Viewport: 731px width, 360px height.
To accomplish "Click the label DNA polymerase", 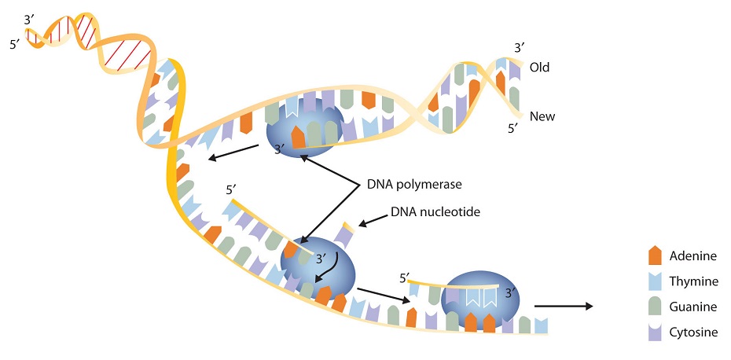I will pos(413,186).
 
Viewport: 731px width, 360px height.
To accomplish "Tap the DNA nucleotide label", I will pos(435,212).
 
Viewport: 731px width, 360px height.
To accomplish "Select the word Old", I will pos(539,67).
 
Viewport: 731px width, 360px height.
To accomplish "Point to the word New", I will pos(542,116).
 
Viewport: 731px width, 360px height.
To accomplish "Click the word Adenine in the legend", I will pos(693,256).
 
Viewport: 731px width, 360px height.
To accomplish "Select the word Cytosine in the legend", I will pos(694,332).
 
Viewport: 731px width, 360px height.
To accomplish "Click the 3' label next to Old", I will pos(520,49).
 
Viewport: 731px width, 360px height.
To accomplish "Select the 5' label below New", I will pos(512,127).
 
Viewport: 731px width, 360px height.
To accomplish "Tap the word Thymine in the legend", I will pos(694,281).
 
